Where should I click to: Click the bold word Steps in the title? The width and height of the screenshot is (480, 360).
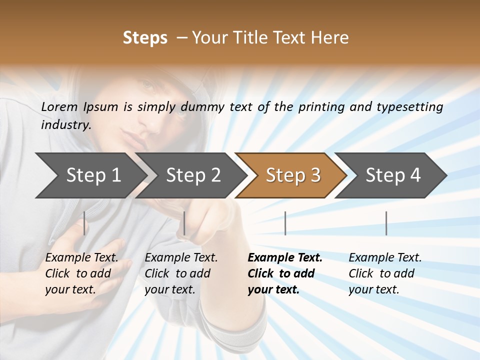tap(145, 38)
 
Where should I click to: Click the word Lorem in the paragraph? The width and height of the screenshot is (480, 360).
tap(59, 106)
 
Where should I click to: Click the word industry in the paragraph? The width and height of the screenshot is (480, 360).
tap(65, 125)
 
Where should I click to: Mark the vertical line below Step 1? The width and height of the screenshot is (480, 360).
tap(84, 223)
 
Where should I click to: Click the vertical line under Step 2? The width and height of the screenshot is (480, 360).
tap(184, 223)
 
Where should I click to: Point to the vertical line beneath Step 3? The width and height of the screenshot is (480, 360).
tap(285, 223)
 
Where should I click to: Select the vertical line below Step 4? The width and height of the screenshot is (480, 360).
tap(386, 223)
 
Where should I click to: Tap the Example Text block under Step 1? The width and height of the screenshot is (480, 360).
tap(81, 273)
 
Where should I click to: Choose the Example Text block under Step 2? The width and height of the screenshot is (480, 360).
tap(181, 273)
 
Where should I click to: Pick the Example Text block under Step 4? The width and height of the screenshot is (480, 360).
tap(385, 273)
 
